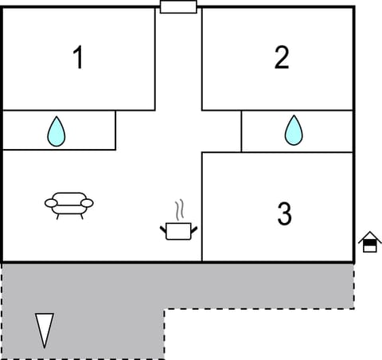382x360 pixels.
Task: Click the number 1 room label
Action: coord(78,58)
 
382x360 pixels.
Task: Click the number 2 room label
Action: coord(281,58)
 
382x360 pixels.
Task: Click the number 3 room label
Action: coord(284,213)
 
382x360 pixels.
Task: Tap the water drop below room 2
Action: coord(294,130)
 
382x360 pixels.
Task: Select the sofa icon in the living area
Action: coord(68,204)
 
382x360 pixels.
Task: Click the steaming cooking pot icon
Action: coord(179,230)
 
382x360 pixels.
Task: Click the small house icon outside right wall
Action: coord(369,241)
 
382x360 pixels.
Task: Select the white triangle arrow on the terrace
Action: coord(45,329)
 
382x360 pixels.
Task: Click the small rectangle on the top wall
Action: coord(178,7)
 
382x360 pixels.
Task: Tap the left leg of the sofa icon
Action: coord(58,216)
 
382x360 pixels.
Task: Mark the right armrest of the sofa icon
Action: coord(88,202)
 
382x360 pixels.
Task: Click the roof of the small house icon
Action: coord(369,236)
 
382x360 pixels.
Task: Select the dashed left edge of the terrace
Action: coord(2,311)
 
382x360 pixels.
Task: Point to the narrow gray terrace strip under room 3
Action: coord(263,287)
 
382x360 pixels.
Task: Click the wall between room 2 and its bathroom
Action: coord(279,111)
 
